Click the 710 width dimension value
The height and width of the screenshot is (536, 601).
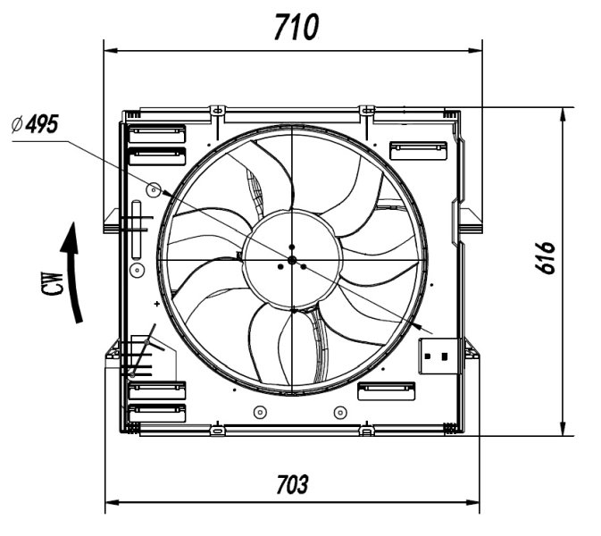pos(295,28)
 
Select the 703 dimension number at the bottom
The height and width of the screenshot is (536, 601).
pos(291,485)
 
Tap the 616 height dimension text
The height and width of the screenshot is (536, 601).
pos(547,258)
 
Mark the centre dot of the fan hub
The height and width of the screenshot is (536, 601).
pos(292,260)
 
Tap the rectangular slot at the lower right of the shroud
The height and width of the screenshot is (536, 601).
pos(386,391)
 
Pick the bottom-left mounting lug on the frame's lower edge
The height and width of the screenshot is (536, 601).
pos(215,431)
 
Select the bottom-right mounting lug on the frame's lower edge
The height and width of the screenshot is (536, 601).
pos(366,431)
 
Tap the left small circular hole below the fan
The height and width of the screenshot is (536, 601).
pos(259,412)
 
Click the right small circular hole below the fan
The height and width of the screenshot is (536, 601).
pos(338,412)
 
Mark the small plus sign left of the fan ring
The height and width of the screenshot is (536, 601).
pos(157,305)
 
